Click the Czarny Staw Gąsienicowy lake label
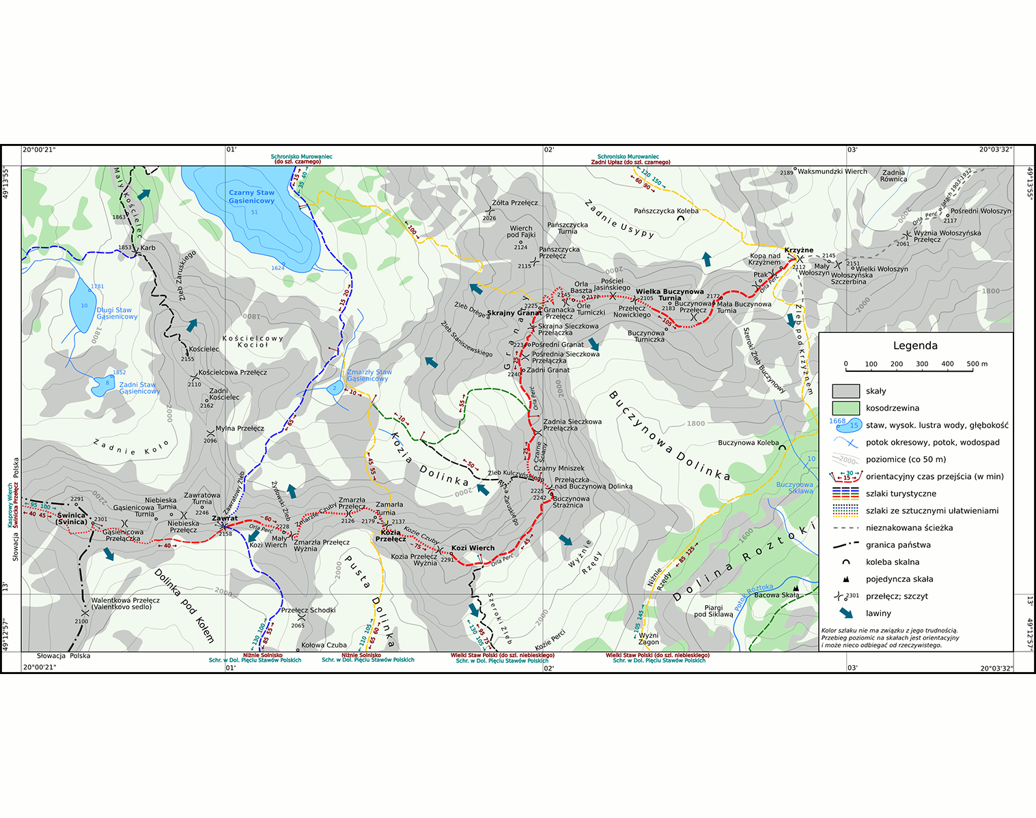(251, 196)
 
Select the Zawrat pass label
(225, 518)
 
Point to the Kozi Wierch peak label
(473, 548)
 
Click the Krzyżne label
(798, 250)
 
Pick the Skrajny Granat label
(514, 313)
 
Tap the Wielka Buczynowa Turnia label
(669, 295)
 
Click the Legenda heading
(915, 346)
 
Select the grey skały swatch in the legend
(845, 391)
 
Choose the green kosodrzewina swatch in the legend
(845, 408)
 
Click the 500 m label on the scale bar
(977, 364)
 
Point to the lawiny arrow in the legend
(845, 613)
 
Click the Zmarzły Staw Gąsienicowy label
(369, 375)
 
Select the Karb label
(148, 248)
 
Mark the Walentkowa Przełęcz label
(126, 603)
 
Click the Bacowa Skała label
(776, 595)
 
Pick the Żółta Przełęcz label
(515, 203)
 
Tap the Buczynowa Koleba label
(748, 443)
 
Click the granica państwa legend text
(898, 545)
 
